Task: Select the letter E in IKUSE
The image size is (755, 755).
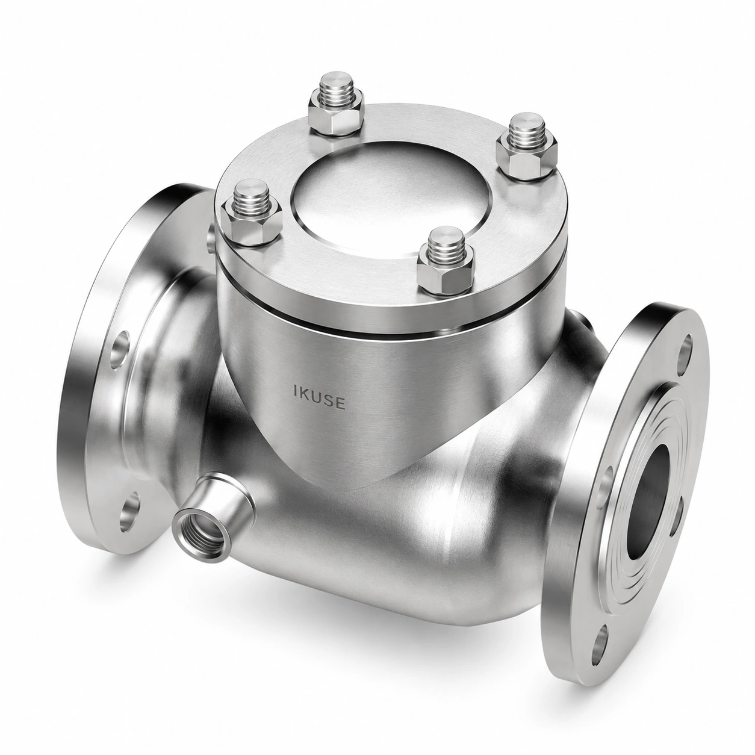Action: pos(341,403)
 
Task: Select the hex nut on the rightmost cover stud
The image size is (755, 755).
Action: pos(526,157)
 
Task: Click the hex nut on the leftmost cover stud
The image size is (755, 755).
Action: pos(251,223)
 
